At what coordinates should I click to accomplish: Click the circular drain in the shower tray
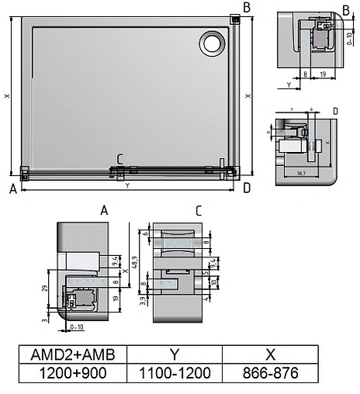point(210,43)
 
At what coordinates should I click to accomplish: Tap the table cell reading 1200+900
point(71,374)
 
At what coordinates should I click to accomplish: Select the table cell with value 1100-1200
point(174,374)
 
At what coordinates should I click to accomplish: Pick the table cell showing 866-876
point(270,374)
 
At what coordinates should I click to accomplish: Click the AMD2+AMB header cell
point(71,354)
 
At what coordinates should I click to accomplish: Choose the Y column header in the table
point(174,354)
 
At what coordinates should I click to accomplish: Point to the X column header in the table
point(270,354)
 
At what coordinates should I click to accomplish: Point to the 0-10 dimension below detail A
point(76,328)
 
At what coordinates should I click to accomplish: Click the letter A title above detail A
point(104,210)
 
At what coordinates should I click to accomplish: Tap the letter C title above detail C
point(199,210)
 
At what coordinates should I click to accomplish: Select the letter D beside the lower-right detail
point(334,112)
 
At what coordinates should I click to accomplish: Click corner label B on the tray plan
point(246,7)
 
